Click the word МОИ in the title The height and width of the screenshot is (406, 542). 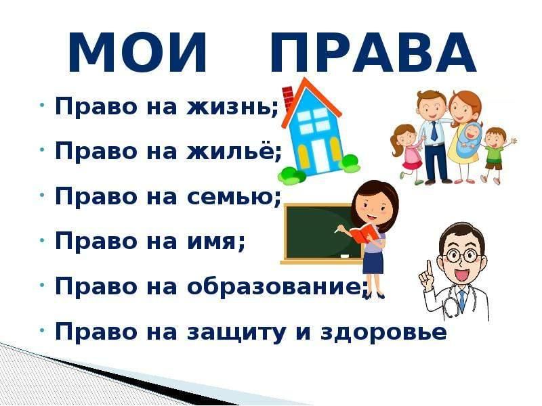click(138, 52)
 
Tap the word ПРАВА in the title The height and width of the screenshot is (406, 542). click(373, 52)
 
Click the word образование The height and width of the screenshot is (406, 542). click(273, 286)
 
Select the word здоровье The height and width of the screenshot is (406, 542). click(383, 332)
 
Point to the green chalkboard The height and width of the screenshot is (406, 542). click(320, 232)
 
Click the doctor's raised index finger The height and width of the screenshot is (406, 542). click(429, 268)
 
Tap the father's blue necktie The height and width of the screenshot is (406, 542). click(434, 131)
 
